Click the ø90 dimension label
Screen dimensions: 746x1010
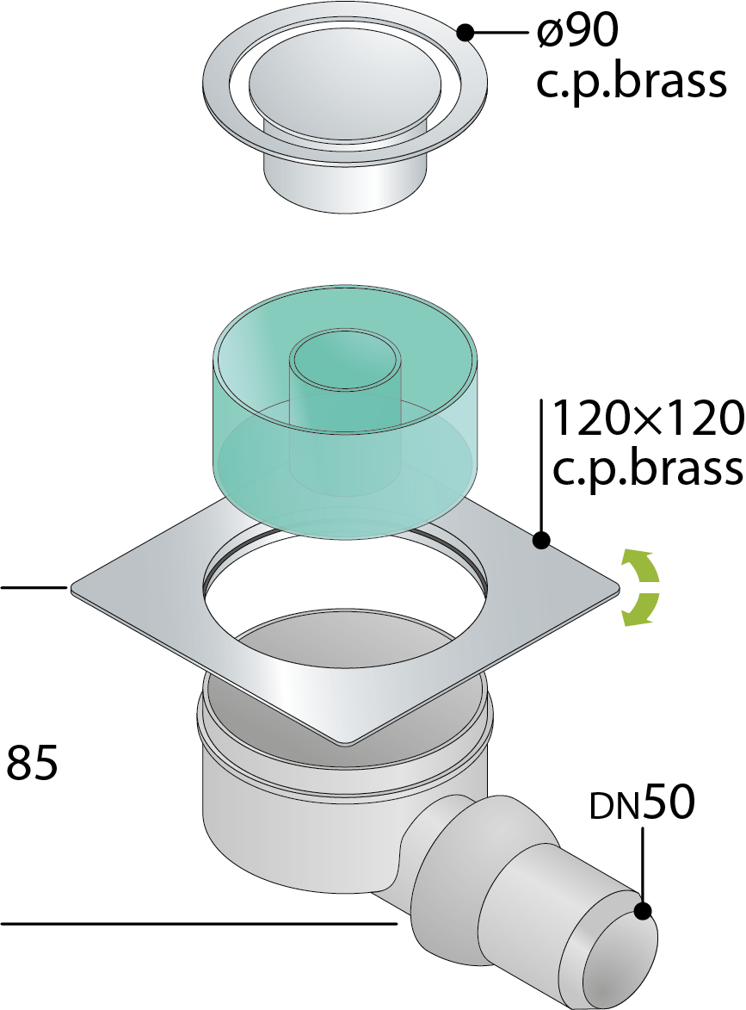tap(577, 31)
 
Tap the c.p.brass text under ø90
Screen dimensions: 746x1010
tap(632, 82)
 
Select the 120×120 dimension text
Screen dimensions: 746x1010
tap(648, 418)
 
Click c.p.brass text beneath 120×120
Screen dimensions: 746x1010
tap(648, 468)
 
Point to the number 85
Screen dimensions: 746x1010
tap(32, 762)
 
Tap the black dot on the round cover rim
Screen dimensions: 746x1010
tap(465, 31)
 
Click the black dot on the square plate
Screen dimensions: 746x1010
tap(541, 540)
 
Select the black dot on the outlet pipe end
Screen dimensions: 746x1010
tap(643, 911)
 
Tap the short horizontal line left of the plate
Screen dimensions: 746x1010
tap(34, 587)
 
